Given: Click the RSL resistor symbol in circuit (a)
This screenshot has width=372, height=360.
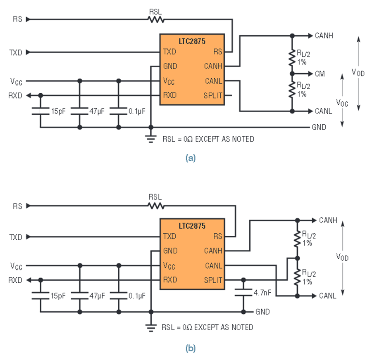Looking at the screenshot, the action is [156, 19].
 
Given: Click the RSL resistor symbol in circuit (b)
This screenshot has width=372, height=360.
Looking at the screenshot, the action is [156, 206].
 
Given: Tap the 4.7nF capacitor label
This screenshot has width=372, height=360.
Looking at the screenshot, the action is [262, 293].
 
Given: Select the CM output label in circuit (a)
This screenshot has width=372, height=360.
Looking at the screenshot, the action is [320, 74].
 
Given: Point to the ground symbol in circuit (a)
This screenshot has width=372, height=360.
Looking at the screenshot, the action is [150, 139].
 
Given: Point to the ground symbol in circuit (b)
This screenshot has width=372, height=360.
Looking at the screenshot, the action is [150, 327].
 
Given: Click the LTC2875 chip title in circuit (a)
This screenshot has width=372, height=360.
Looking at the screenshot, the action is [192, 41].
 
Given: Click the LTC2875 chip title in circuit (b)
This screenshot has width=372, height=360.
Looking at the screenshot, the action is [192, 226].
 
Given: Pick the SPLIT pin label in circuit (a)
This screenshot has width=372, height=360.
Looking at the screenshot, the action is [213, 95].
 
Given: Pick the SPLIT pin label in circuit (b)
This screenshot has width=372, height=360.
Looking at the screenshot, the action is [213, 280].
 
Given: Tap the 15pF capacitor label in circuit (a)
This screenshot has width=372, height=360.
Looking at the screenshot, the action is [58, 111].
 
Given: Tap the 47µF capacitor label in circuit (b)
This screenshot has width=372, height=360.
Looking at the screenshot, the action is [97, 296].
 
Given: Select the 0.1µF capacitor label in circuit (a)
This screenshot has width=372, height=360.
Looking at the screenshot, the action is [137, 111].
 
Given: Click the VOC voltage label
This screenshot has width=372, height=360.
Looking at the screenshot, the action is [342, 103].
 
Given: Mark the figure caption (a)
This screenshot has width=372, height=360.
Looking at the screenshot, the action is [191, 158].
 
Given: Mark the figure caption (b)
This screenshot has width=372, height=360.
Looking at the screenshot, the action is [191, 348].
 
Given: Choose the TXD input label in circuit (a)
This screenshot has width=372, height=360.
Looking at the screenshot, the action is [16, 52].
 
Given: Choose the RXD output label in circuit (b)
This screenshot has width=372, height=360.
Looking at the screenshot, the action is [15, 280].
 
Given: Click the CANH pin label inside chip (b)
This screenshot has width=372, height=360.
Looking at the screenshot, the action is [213, 251].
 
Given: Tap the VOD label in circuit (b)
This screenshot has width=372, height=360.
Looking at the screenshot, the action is [342, 257].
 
